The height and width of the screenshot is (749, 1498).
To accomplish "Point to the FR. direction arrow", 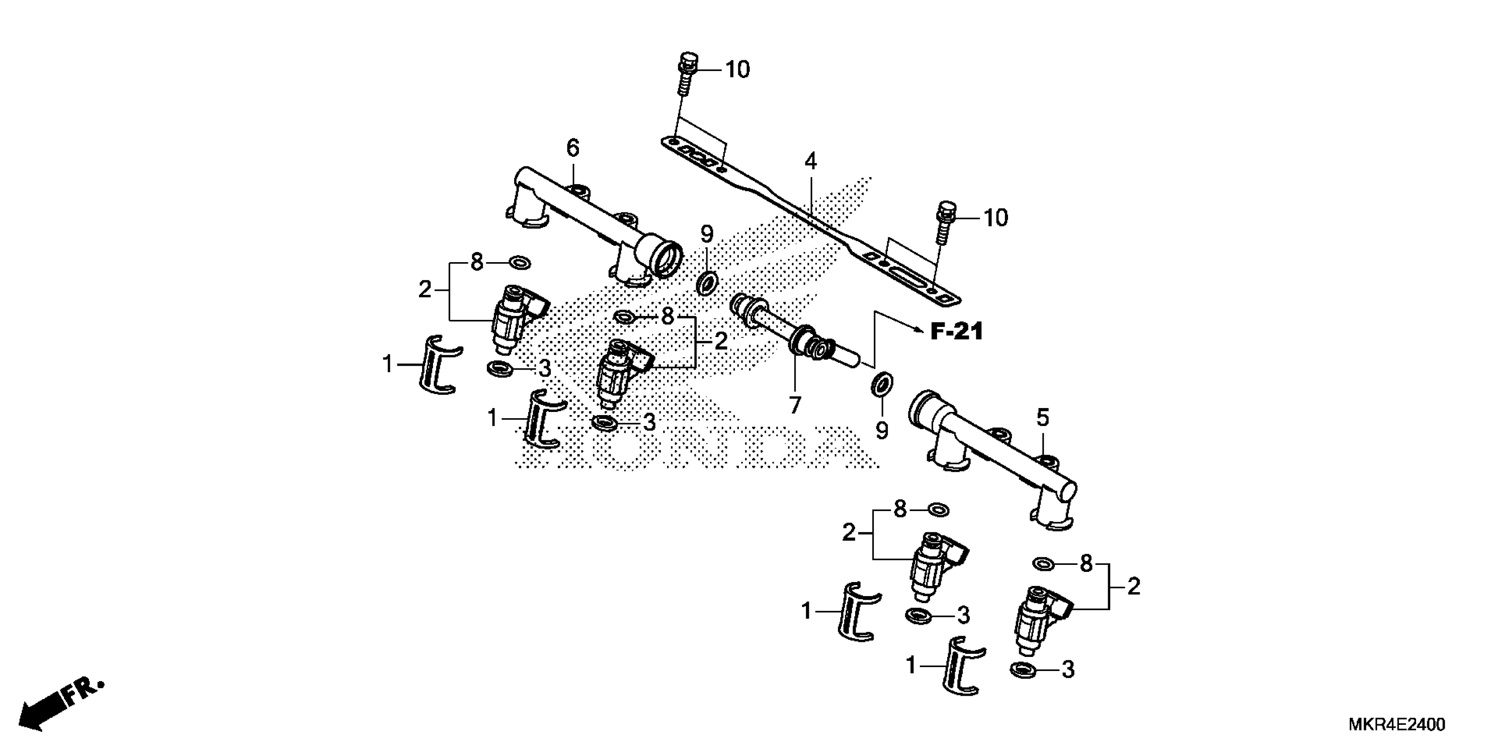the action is pos(58,707).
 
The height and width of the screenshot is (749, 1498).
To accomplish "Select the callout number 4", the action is pos(810,161).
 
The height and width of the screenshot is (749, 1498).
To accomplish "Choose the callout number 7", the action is pos(794,405).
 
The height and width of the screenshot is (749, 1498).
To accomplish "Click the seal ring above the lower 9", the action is pos(882,386).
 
